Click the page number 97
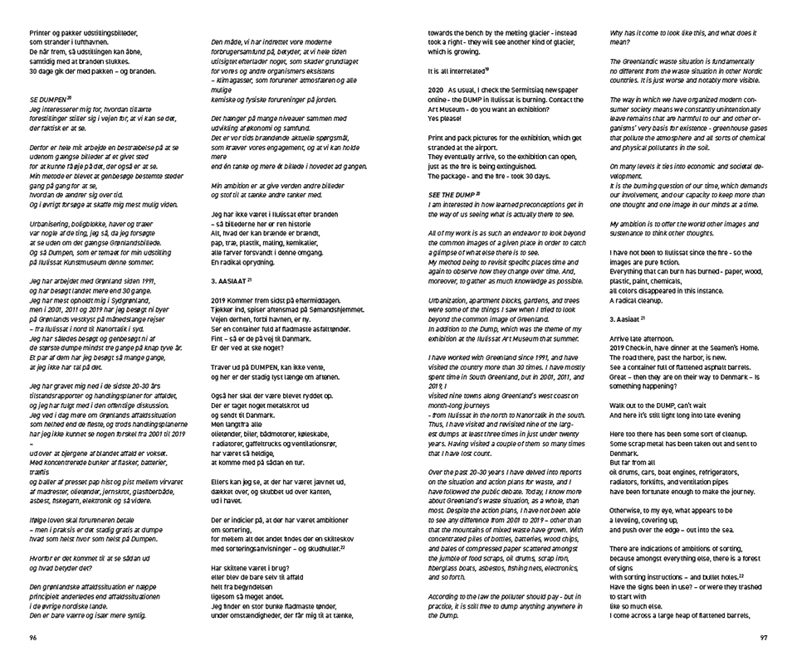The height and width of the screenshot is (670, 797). click(764, 638)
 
